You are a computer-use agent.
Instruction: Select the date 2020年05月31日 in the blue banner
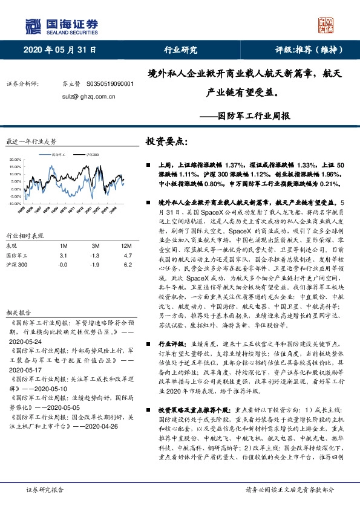coord(60,50)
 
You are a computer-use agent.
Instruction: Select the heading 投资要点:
coord(167,141)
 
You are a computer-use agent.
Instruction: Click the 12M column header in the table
coord(126,246)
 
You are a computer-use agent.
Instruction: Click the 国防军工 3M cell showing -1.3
coord(95,256)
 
